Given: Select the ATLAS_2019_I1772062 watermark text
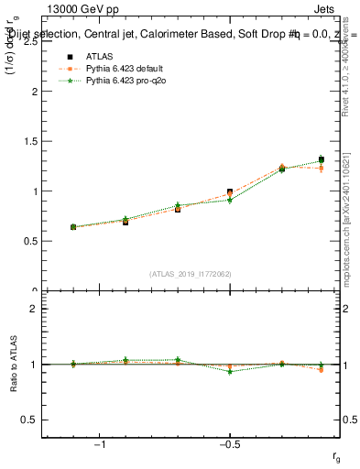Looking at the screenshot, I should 191,274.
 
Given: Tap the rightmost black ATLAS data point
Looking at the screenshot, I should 321,159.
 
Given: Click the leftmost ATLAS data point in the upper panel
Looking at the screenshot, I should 73,226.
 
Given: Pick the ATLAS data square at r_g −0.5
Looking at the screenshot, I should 230,192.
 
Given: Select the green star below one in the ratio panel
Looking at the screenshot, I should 230,371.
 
